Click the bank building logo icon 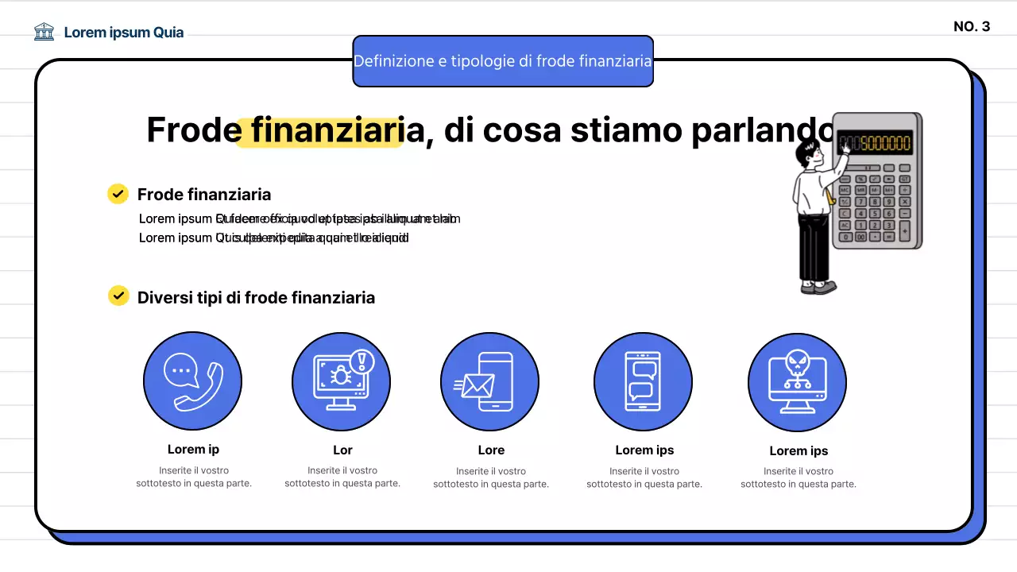44,32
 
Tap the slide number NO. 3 971,26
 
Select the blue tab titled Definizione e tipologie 502,61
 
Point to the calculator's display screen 874,143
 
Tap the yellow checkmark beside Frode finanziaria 118,194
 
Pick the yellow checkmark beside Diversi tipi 118,296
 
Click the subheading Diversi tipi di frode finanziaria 256,298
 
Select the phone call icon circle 192,381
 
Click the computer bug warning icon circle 341,381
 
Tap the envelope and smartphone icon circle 489,381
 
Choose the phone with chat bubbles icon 643,381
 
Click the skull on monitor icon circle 797,382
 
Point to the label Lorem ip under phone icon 193,450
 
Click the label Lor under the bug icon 342,450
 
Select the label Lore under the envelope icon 491,450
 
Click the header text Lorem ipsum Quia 123,33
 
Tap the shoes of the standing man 818,287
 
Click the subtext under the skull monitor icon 798,477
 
